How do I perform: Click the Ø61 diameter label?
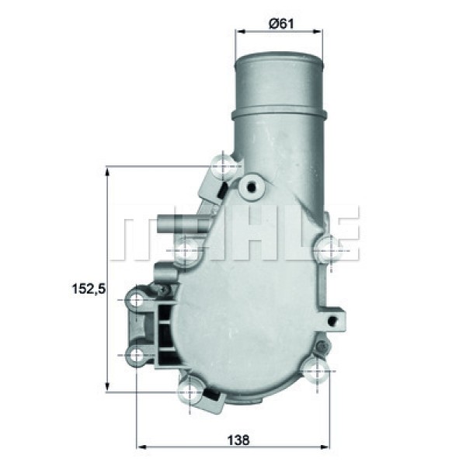[280, 23]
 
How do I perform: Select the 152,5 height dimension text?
[88, 289]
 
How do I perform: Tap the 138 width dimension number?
[239, 440]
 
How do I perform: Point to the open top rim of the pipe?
[279, 56]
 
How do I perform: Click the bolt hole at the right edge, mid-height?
[329, 248]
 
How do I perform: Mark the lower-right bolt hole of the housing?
[315, 370]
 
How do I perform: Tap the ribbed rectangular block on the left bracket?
[165, 330]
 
